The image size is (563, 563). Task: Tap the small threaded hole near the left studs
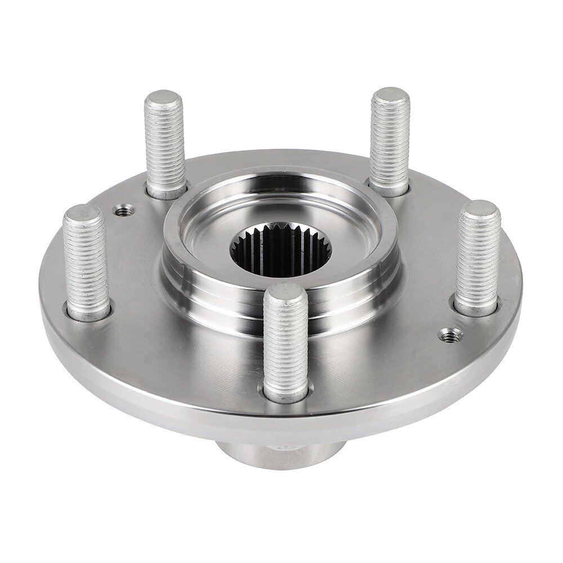124,211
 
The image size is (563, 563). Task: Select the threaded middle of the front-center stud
285,343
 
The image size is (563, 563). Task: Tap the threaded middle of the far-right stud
478,259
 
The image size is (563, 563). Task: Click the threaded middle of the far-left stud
86,262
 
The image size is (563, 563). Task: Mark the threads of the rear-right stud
390,144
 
